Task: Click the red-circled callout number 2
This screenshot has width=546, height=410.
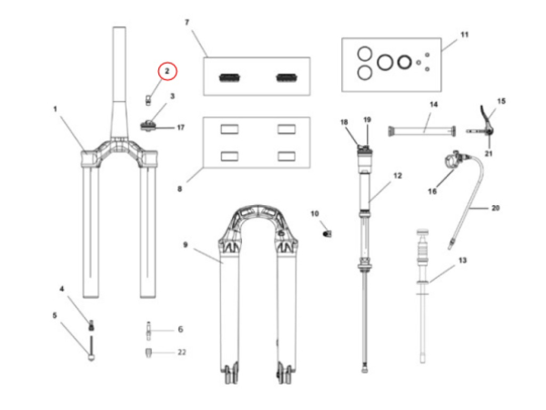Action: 167,70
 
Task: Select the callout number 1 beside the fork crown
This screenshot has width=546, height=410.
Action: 56,109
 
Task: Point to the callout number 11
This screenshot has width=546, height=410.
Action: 464,35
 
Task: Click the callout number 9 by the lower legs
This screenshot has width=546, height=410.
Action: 185,245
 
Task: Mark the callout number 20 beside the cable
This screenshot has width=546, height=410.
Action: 495,208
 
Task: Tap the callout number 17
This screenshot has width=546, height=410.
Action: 180,128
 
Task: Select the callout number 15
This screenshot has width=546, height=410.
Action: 500,100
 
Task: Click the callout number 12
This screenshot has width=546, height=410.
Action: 397,174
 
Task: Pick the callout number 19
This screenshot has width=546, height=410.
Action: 368,120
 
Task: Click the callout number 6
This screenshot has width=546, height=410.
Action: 180,329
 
